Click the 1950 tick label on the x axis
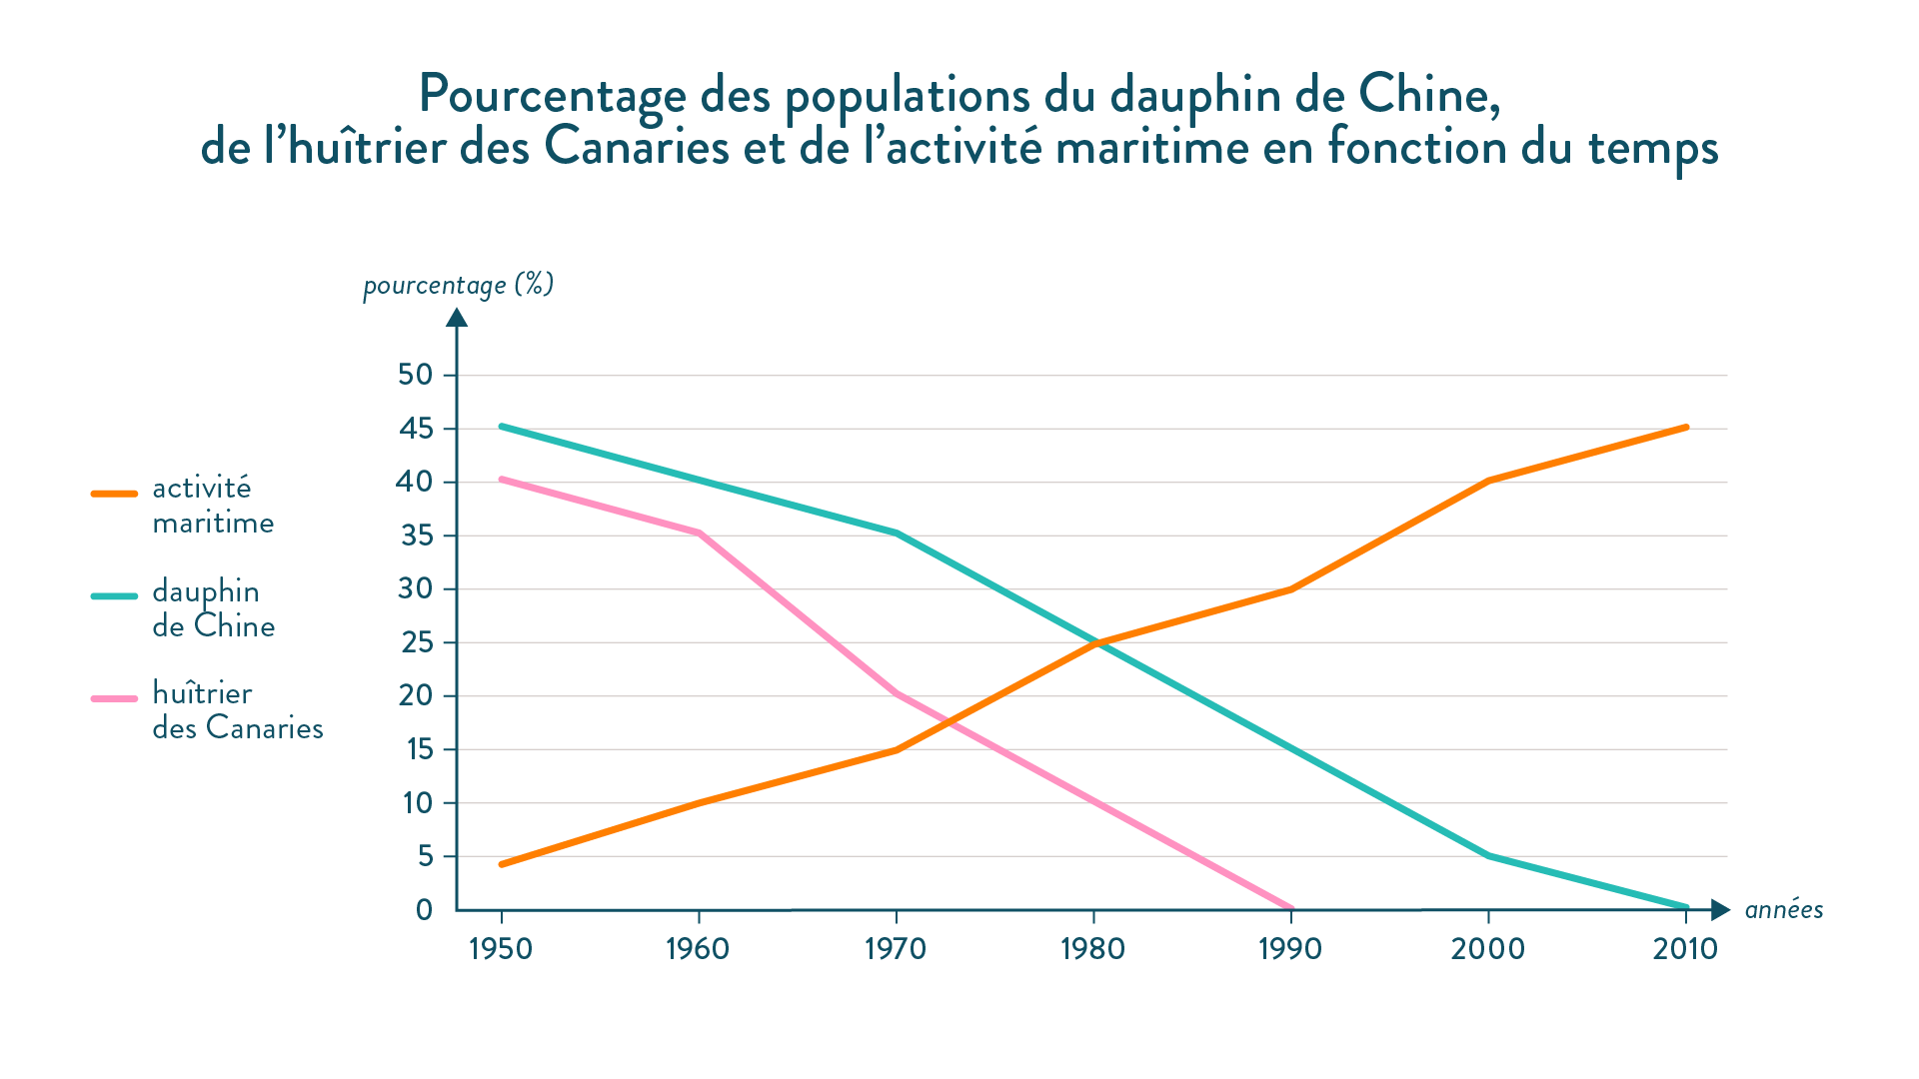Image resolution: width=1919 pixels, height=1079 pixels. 501,948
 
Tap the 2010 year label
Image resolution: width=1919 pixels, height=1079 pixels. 1685,948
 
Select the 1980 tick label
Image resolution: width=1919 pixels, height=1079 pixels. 1092,948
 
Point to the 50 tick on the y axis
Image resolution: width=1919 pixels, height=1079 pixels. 416,375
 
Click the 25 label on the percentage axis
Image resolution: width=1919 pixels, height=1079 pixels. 416,642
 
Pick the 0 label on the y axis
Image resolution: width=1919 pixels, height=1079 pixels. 425,909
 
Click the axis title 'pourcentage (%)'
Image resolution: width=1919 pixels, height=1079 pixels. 458,286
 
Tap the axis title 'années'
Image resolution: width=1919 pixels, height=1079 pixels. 1784,910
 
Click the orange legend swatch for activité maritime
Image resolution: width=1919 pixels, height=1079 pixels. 114,494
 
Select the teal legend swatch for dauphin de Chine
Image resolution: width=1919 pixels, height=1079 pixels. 114,596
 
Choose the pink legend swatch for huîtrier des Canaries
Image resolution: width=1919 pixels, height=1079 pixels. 114,698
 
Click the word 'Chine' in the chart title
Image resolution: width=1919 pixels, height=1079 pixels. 1428,95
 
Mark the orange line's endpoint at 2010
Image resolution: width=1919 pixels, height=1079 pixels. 1686,428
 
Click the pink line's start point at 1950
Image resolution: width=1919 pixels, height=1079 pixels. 501,480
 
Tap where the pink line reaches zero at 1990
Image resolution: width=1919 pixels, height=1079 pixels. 1290,908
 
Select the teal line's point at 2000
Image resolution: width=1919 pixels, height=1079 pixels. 1488,856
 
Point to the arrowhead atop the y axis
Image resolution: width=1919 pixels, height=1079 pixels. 457,317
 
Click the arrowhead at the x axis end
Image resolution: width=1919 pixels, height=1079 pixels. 1720,909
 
